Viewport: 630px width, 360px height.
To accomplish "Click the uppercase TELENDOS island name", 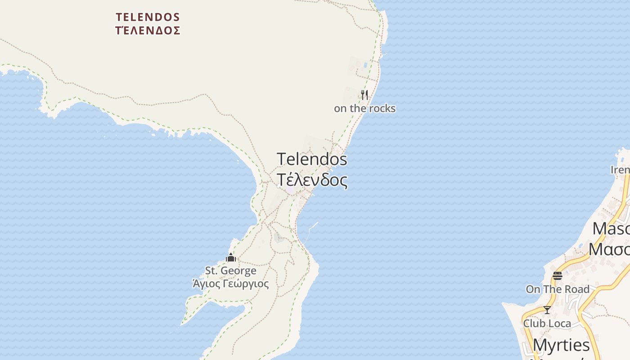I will click(148, 18).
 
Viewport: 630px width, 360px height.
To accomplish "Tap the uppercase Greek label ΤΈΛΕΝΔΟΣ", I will click(148, 31).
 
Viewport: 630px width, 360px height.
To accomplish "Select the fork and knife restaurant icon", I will click(364, 95).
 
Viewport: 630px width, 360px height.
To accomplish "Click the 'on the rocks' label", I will click(364, 108).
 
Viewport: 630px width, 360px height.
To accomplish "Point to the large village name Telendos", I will click(312, 159).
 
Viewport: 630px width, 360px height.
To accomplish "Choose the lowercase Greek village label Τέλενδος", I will click(312, 180).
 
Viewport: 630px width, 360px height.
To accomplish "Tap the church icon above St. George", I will click(231, 258).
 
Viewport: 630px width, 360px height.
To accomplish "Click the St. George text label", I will click(231, 271).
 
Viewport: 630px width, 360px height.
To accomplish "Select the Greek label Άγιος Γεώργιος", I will click(231, 284).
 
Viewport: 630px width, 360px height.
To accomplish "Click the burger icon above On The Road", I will click(558, 276).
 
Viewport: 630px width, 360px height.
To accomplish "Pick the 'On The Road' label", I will click(558, 289).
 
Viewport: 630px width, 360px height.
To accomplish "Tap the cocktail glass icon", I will click(547, 310).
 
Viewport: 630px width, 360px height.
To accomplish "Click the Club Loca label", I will click(547, 324).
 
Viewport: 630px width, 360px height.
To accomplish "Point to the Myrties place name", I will click(561, 346).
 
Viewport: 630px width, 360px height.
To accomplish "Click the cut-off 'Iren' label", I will click(620, 170).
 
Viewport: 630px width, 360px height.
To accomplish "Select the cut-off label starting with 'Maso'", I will click(611, 229).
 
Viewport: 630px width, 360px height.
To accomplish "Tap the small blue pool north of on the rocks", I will click(365, 65).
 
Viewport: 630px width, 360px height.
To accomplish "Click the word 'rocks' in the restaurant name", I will click(382, 108).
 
